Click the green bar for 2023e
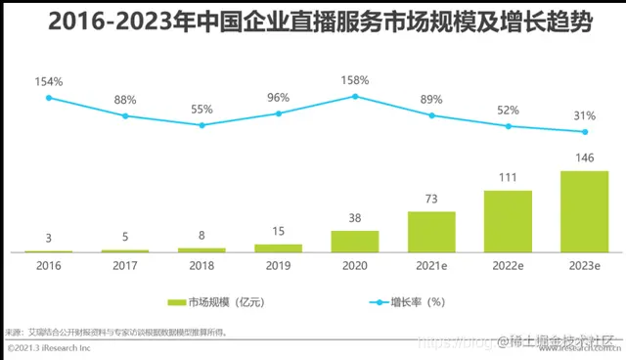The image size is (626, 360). click(x=585, y=211)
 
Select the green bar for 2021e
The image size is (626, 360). click(x=431, y=232)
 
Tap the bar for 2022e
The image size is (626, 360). click(x=508, y=221)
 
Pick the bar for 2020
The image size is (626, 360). click(x=354, y=242)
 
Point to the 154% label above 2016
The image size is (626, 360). click(x=48, y=81)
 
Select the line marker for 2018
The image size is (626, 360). click(x=201, y=125)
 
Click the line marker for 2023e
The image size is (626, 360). click(x=585, y=132)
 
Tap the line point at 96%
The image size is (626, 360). click(x=278, y=113)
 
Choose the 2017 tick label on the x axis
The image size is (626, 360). click(x=125, y=264)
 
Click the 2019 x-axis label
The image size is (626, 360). click(x=278, y=264)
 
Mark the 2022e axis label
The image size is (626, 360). click(x=508, y=264)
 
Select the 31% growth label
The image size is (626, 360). click(x=585, y=115)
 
